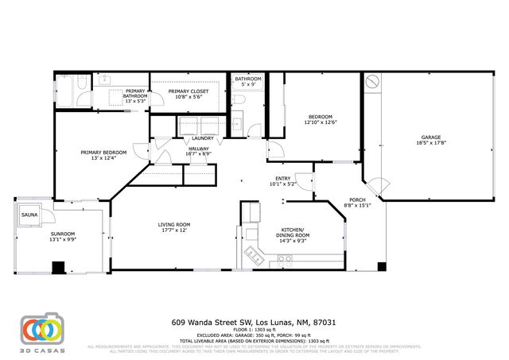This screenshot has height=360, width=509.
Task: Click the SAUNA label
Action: click(x=29, y=215)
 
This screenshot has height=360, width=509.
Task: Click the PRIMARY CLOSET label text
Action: click(x=188, y=91)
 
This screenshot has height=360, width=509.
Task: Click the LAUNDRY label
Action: click(x=202, y=138)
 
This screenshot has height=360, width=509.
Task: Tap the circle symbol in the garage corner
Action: click(x=371, y=81)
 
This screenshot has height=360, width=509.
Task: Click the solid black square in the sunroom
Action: click(x=58, y=266)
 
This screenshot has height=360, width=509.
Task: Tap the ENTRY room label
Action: click(x=284, y=178)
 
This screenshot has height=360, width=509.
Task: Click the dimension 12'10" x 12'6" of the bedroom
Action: click(x=320, y=122)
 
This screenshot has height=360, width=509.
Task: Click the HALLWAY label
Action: click(x=198, y=149)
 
